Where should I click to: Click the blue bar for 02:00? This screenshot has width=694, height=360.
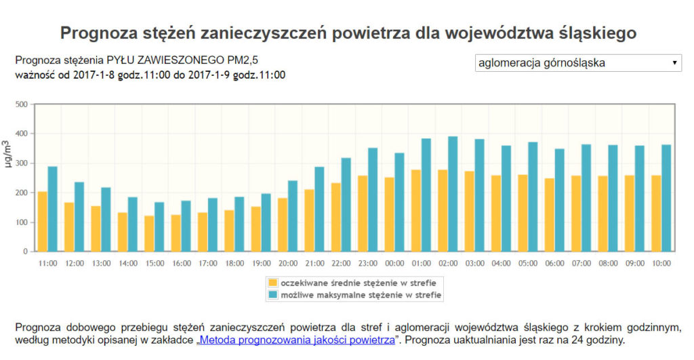pos(453,194)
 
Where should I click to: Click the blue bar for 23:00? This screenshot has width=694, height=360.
pos(372,199)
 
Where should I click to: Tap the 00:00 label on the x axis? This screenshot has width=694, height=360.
pos(394,263)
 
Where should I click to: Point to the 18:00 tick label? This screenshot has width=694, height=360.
pos(234,263)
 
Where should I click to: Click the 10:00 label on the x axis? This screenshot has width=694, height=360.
pos(661,263)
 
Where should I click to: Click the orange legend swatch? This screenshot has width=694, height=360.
pos(273,282)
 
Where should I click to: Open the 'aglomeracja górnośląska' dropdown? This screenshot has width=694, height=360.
pos(578,63)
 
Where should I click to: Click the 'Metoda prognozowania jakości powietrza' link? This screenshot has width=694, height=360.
pos(297,339)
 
